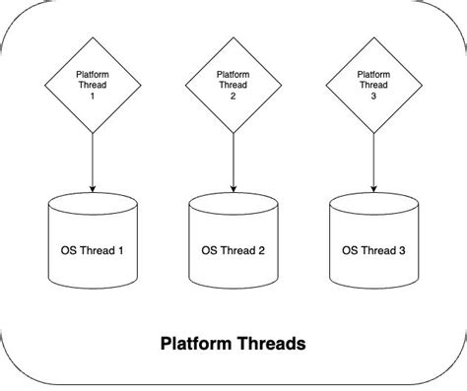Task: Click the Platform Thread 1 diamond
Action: point(92,85)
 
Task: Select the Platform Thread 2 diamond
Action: point(233,85)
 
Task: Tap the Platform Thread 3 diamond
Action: point(373,85)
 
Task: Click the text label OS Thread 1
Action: point(92,250)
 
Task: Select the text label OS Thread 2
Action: point(233,250)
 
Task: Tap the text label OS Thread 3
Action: point(373,250)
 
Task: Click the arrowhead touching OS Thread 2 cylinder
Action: point(233,188)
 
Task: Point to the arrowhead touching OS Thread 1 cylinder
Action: point(92,188)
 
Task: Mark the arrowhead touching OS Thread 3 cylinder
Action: point(373,188)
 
